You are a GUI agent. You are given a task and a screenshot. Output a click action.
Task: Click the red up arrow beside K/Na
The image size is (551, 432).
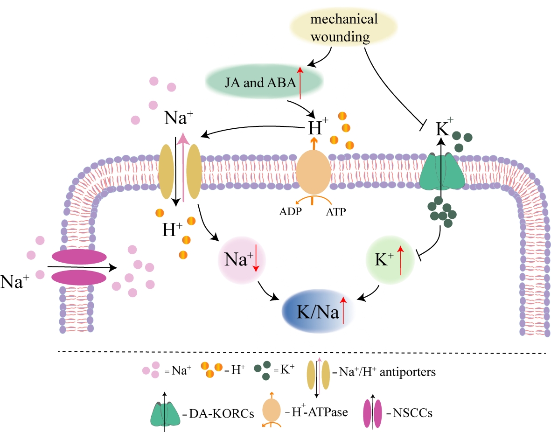pos(343,310)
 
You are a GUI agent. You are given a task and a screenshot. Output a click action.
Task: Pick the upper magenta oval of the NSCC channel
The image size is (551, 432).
pos(79,257)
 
